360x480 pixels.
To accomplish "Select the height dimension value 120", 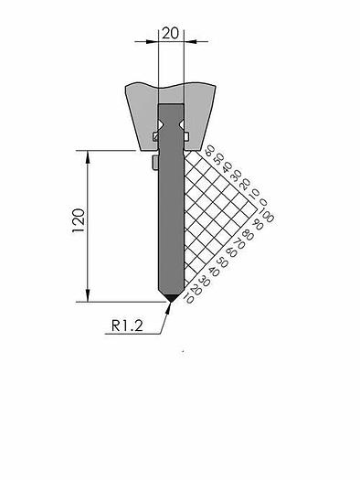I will click(x=78, y=222).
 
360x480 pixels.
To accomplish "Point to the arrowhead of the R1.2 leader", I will click(x=168, y=304).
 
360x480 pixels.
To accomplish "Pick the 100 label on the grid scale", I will click(x=267, y=217).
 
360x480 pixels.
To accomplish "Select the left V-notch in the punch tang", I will click(x=162, y=120).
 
